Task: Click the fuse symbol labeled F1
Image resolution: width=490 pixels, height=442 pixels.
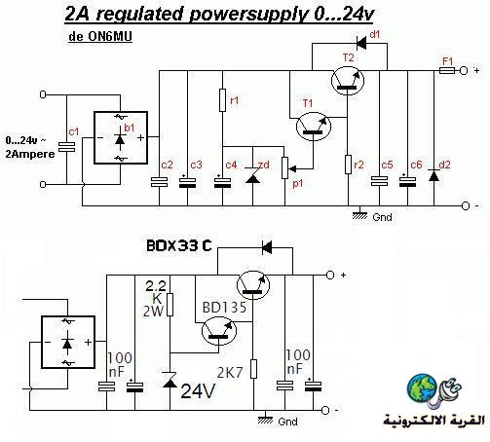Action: coord(447,70)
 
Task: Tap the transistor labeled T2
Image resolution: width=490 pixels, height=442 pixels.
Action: coord(348,81)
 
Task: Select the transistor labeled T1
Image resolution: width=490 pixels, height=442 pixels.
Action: coord(314,127)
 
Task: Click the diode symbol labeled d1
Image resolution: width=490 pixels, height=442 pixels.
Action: coord(361,43)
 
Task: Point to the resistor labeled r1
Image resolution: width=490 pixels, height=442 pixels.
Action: coord(222,100)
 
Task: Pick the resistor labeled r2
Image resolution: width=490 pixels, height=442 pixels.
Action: coord(348,165)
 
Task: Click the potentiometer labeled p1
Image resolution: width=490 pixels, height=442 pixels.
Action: coord(285,167)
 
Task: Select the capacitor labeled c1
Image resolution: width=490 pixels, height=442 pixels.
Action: coord(66,147)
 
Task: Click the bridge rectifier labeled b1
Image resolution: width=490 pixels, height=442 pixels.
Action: coord(121,138)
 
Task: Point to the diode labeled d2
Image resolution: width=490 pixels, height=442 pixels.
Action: coord(434,175)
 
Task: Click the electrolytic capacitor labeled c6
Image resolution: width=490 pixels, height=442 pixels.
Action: coord(407,181)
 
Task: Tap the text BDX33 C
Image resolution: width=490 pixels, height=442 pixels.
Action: coord(179,245)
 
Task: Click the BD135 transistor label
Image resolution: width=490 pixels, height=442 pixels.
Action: coord(224,307)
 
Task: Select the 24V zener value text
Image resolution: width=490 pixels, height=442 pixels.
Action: coord(198,390)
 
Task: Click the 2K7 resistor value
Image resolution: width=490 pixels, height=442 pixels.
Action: coord(230,373)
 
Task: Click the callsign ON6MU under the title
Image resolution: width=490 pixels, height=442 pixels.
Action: coord(110,36)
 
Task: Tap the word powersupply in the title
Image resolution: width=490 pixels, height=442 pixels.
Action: coord(247,15)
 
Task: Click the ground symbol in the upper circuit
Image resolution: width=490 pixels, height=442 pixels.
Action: coord(359,213)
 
